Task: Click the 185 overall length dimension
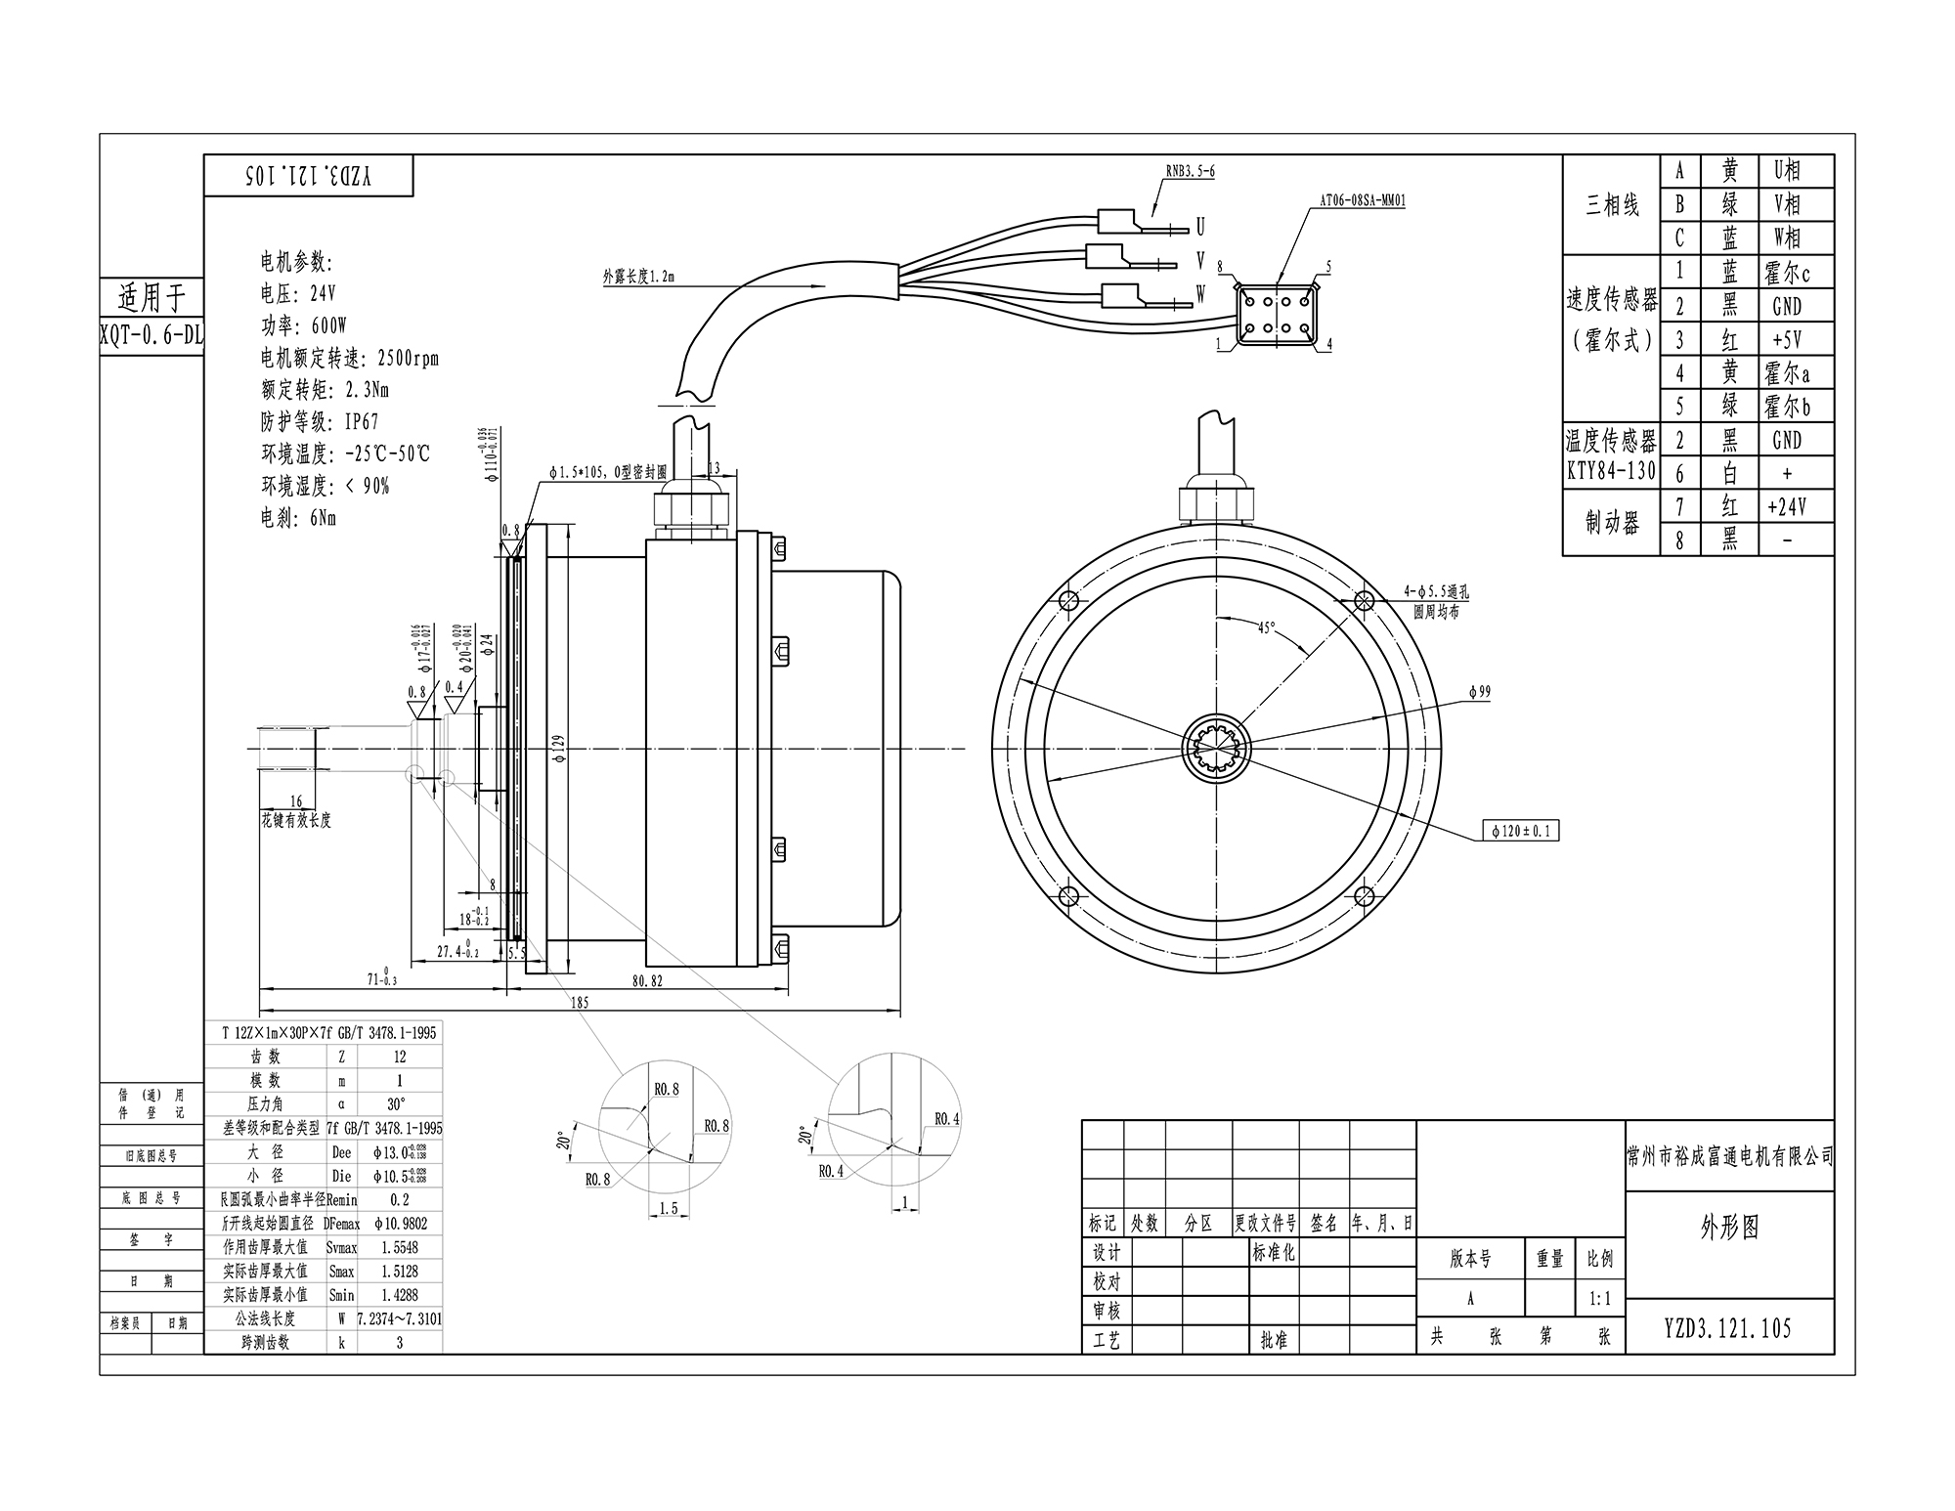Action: pyautogui.click(x=579, y=1002)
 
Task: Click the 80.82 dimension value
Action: pyautogui.click(x=646, y=980)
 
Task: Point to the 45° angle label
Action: pyautogui.click(x=1266, y=627)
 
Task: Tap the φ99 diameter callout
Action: pyautogui.click(x=1479, y=692)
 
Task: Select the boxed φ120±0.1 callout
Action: pyautogui.click(x=1520, y=832)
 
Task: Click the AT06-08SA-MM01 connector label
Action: pyautogui.click(x=1363, y=200)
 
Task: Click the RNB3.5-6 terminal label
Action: pyautogui.click(x=1190, y=171)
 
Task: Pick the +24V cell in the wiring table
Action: pyautogui.click(x=1786, y=506)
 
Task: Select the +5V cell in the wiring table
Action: pyautogui.click(x=1786, y=340)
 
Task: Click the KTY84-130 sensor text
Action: pyautogui.click(x=1611, y=471)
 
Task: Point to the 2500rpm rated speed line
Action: pyautogui.click(x=350, y=358)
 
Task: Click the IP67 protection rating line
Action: pyautogui.click(x=320, y=422)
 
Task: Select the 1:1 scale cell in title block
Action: pyautogui.click(x=1599, y=1299)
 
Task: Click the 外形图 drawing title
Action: pyautogui.click(x=1729, y=1229)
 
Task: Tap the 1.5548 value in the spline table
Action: pyautogui.click(x=400, y=1247)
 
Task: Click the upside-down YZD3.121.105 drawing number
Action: pyautogui.click(x=309, y=176)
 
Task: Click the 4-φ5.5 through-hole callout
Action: pyautogui.click(x=1436, y=592)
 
